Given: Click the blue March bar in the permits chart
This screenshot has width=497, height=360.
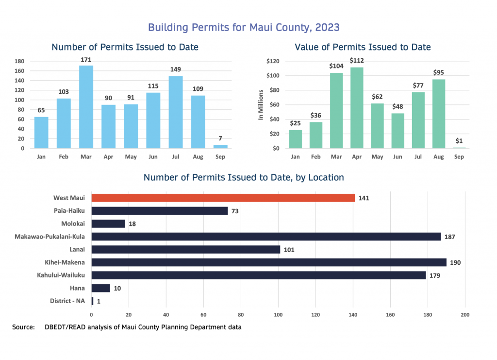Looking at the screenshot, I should coord(86,107).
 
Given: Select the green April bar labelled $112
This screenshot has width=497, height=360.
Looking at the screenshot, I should coord(357,107).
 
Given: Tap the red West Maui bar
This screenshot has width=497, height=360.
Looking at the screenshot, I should coord(223,198).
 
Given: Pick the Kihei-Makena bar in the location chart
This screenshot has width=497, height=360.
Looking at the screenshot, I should coord(268,262).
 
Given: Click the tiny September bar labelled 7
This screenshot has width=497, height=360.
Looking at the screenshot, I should coord(221,146).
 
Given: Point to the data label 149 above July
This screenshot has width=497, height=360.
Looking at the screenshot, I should coord(176,69).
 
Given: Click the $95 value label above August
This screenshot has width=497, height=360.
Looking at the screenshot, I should coord(439,73).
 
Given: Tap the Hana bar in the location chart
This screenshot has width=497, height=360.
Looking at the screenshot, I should coord(100,288).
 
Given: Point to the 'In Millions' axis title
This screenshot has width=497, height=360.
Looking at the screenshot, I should coord(261,105).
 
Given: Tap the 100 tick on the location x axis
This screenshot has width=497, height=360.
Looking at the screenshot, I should coord(278,314).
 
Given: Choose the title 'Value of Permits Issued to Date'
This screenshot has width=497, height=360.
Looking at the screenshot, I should coord(363,47).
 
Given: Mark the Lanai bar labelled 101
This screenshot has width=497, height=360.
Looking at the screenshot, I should coord(185,249).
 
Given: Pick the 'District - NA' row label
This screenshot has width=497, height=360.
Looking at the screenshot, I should coord(67,301).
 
